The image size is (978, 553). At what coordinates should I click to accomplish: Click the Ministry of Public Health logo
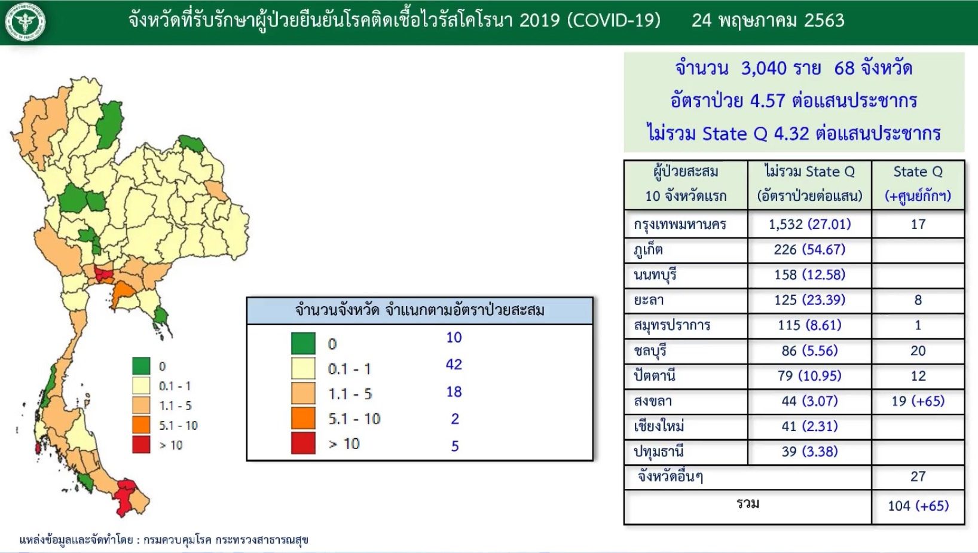coord(25,22)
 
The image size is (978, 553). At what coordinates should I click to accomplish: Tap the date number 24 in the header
coord(702,20)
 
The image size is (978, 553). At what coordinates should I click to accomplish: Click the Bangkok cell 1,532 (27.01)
coord(809,224)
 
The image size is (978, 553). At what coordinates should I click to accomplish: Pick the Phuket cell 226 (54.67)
coord(809,250)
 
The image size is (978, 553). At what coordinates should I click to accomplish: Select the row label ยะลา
coord(649,300)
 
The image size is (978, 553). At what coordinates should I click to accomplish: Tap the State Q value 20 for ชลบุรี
coord(918,350)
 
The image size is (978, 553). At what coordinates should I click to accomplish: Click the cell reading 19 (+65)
coord(918,401)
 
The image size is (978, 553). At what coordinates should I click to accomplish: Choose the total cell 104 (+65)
coord(918,506)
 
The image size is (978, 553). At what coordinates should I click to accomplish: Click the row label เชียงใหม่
coord(659,426)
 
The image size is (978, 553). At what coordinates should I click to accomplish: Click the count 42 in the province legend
coord(454,365)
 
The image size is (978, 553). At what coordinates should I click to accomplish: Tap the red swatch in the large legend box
coord(303,442)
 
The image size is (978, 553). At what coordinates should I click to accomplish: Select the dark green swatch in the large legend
coord(303,343)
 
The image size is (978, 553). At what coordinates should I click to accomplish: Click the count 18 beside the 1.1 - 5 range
coord(454,392)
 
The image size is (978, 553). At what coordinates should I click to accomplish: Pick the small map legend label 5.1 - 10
coord(178,425)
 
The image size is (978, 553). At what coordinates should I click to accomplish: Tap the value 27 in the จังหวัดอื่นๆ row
coord(918,476)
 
